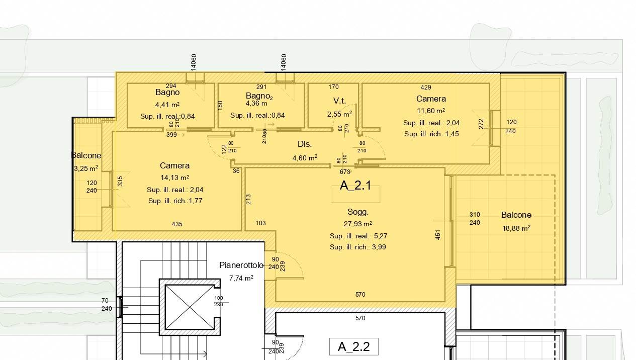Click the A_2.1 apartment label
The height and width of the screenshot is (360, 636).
[355, 186]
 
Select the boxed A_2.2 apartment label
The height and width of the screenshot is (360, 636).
[354, 346]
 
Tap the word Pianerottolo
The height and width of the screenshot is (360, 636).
[241, 265]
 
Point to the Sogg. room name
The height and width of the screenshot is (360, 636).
[358, 212]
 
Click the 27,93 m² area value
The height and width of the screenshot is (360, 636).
[358, 224]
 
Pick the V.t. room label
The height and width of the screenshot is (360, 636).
[339, 101]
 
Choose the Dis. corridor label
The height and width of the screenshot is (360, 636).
[305, 144]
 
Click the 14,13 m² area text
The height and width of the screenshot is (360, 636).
[174, 177]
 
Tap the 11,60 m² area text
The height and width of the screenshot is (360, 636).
[431, 111]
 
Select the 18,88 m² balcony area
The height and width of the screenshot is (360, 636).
[516, 228]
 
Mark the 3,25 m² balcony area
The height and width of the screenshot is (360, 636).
[86, 168]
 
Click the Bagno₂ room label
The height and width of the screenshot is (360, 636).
[259, 96]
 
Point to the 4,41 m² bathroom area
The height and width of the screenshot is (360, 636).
[167, 105]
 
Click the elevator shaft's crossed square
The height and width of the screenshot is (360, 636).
[190, 307]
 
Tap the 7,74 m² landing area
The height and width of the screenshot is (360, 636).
[241, 278]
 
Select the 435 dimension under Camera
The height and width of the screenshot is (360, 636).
[177, 224]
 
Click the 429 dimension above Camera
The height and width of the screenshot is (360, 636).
[426, 87]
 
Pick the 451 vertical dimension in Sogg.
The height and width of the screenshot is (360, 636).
[438, 235]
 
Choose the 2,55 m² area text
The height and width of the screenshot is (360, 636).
[339, 114]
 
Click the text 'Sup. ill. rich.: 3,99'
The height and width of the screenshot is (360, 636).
[358, 247]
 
